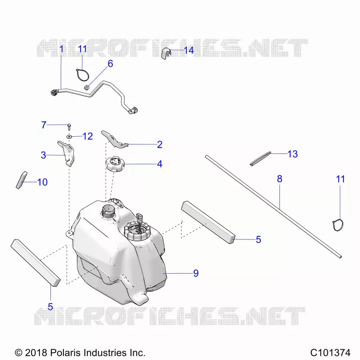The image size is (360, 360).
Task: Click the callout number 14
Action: point(189,50)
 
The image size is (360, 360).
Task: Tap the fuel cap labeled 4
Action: point(115,164)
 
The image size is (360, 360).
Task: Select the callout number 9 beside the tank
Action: point(196,273)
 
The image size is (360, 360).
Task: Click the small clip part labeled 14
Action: point(166,54)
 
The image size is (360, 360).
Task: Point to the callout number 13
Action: point(292,154)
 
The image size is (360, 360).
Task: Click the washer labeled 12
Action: point(69,137)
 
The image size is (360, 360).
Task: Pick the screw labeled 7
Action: point(69,127)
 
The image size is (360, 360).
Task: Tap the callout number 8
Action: point(279,179)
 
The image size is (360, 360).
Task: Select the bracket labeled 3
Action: point(67,153)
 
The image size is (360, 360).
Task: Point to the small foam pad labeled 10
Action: point(21,180)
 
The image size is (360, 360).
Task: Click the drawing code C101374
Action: point(330,352)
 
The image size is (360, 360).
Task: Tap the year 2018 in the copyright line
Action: point(36,352)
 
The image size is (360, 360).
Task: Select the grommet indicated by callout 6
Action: point(87,87)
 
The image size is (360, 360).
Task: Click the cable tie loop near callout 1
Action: point(82,75)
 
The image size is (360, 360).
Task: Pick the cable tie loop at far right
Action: point(338,225)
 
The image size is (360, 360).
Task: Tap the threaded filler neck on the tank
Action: point(108,212)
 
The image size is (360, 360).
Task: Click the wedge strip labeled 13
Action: point(261,159)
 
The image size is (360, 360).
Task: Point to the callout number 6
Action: point(110,63)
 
